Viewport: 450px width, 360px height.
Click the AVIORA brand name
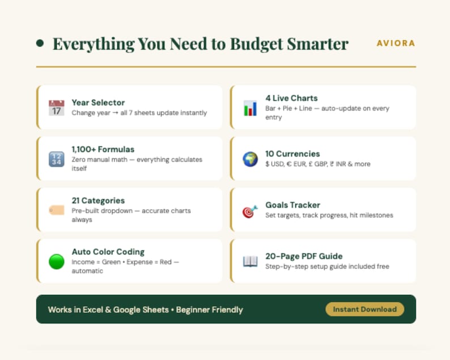pos(396,43)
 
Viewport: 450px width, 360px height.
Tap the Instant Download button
pos(364,309)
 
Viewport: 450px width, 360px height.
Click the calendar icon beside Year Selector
pos(56,108)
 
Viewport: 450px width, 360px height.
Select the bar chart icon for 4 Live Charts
pos(250,108)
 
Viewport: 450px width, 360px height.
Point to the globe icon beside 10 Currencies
pos(250,159)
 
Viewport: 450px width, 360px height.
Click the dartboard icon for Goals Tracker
pos(250,211)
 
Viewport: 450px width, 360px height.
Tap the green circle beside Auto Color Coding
pos(56,261)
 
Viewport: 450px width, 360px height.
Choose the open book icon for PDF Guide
pos(250,261)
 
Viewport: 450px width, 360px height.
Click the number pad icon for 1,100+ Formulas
pos(56,159)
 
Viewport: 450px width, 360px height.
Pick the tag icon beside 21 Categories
pos(56,210)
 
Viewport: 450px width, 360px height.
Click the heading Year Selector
pos(98,103)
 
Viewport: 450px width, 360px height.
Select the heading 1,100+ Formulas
pos(103,149)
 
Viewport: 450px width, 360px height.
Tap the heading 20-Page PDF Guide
pos(304,256)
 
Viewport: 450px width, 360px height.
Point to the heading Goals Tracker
pos(292,205)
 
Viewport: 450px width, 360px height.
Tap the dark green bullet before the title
pos(40,43)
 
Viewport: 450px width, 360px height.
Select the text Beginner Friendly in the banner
pos(209,310)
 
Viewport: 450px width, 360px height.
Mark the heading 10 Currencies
pos(292,154)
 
